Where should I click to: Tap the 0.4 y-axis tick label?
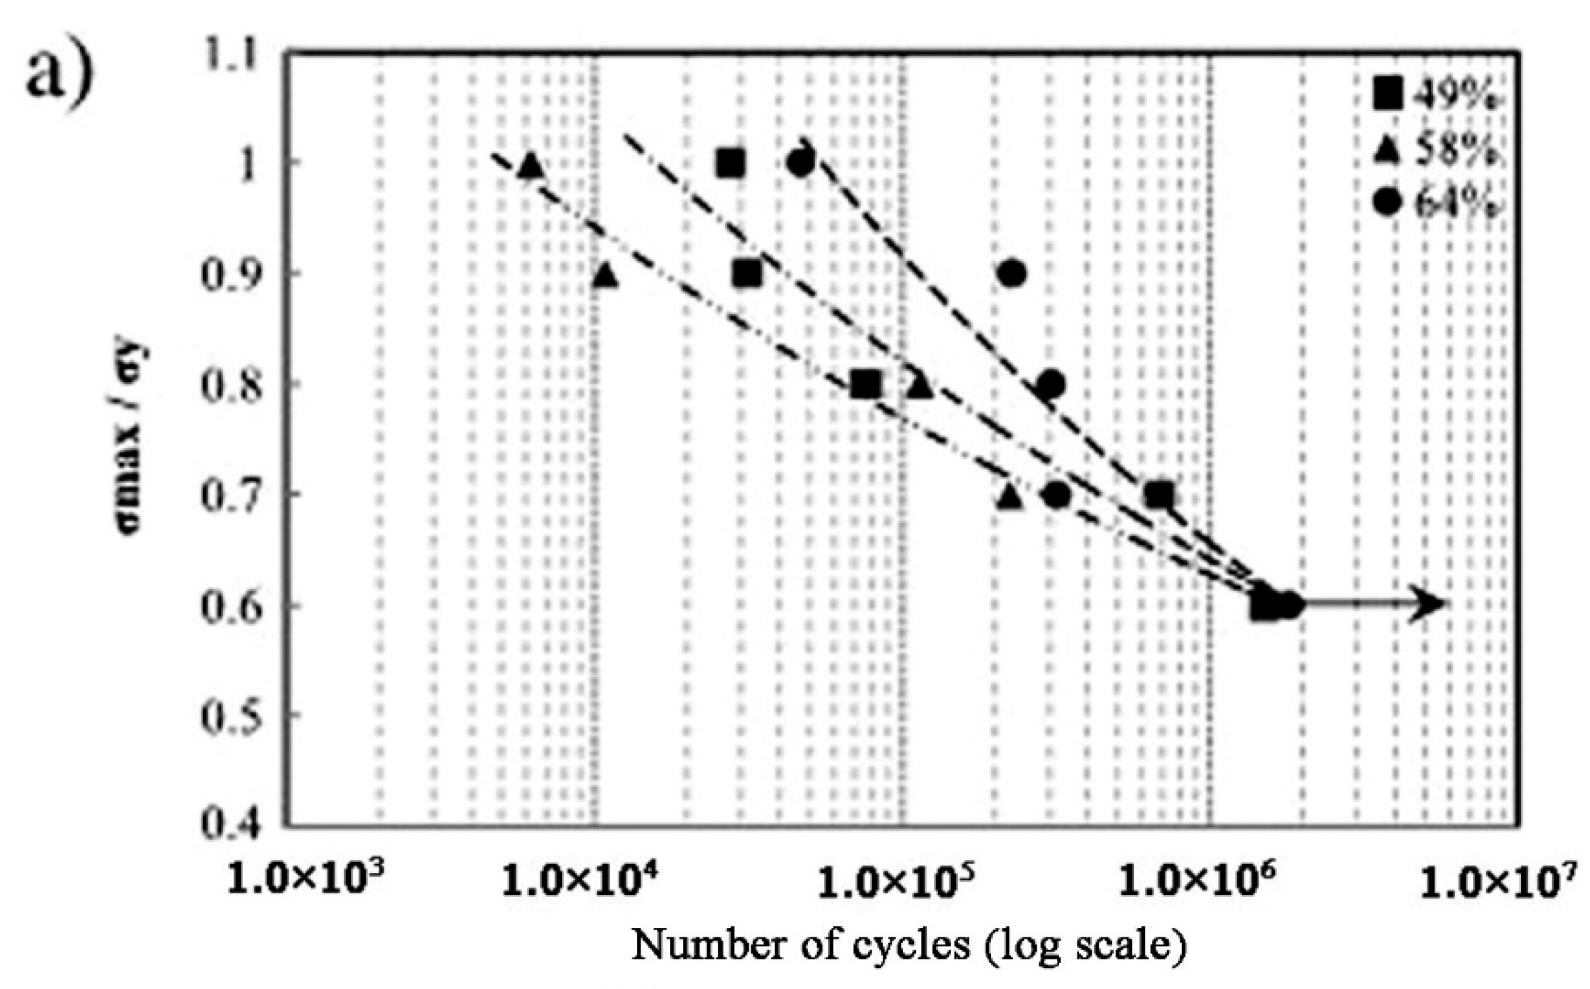point(230,825)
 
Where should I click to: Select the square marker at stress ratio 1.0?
point(731,163)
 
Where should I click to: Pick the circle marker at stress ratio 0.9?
point(1012,273)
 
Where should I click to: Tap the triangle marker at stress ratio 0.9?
point(605,275)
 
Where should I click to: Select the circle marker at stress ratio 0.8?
point(1050,384)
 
